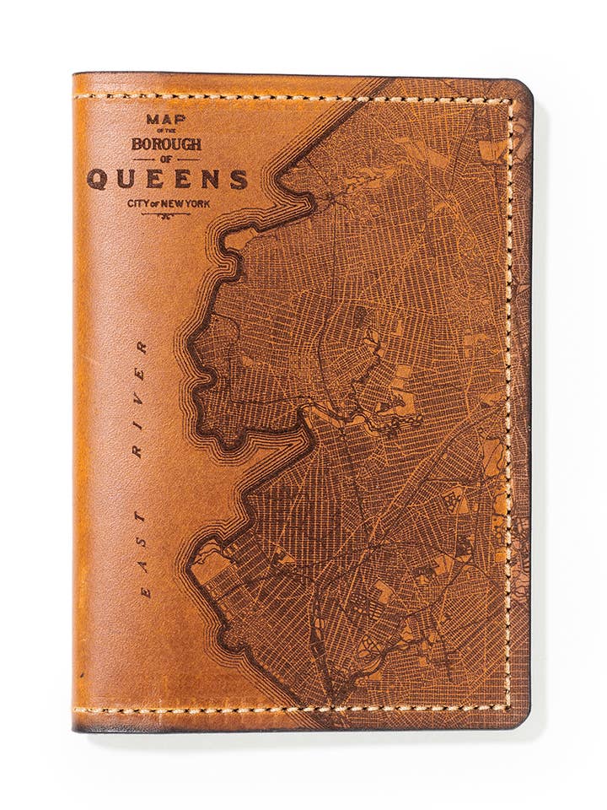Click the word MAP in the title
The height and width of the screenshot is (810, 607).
point(166,120)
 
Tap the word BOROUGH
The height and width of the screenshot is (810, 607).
point(166,143)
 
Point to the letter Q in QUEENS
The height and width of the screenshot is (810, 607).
point(98,179)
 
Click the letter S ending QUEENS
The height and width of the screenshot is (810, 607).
point(240,179)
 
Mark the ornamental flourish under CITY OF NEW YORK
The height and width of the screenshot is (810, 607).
point(166,215)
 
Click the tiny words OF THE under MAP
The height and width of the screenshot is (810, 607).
point(166,132)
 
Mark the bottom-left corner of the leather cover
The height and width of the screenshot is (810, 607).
point(76,727)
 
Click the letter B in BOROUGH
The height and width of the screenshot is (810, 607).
point(137,143)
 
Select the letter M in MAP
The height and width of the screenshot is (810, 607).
point(153,120)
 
